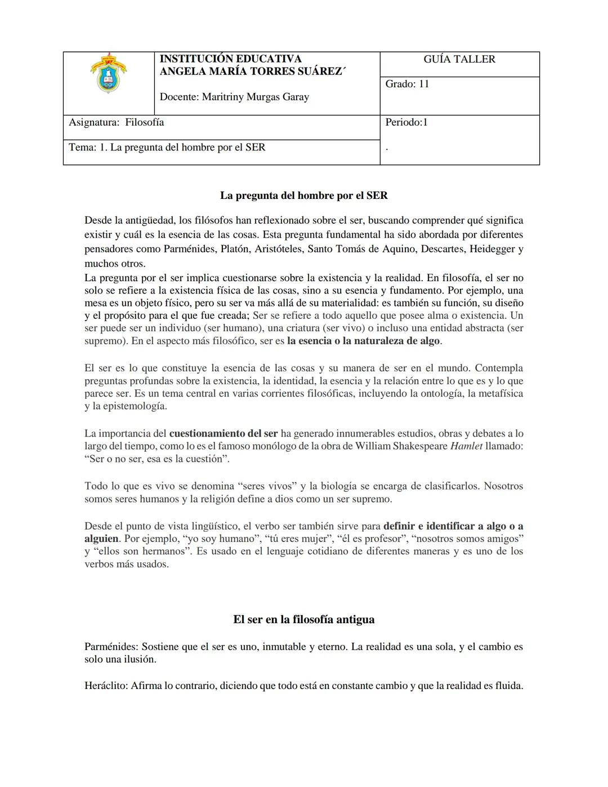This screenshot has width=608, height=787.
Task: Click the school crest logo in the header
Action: [109, 73]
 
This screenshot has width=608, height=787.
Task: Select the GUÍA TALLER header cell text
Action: [459, 59]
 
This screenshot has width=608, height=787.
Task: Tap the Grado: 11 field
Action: [407, 84]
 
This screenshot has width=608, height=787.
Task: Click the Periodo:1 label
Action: [406, 122]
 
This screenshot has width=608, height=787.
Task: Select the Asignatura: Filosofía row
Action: [117, 122]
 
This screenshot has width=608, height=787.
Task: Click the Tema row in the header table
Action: [167, 148]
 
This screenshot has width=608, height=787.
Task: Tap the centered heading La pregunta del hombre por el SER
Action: [303, 195]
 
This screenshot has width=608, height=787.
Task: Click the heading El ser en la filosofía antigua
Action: [303, 619]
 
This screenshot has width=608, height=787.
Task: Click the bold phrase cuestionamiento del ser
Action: [223, 433]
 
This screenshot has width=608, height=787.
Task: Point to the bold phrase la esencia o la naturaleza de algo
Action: [364, 341]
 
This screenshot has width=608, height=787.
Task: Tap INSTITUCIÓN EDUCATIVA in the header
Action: [230, 59]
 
